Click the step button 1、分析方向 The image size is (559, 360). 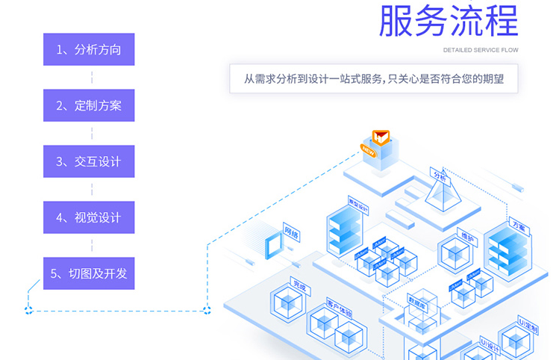[x=89, y=50]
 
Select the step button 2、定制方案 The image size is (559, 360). [x=89, y=106]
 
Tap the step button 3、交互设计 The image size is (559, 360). [x=89, y=161]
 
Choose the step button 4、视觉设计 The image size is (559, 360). [x=89, y=217]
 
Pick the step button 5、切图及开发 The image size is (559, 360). [x=89, y=273]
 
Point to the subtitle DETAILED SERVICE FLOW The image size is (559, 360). [x=480, y=51]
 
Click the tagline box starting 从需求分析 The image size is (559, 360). [x=373, y=78]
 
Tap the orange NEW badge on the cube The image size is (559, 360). [x=368, y=149]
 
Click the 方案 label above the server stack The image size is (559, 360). [x=519, y=224]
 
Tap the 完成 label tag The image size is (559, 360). [x=299, y=285]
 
